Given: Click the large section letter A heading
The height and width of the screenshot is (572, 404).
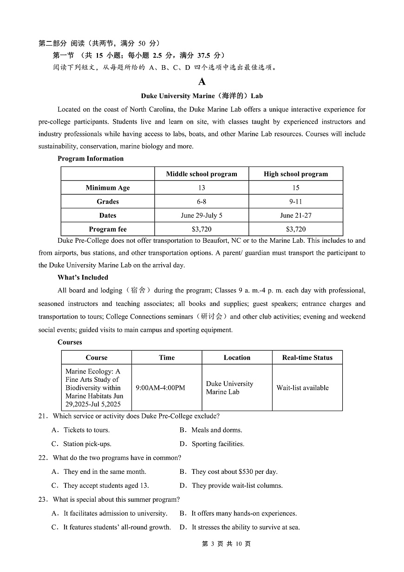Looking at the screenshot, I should [202, 82].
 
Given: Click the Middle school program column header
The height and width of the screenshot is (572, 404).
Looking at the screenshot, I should [202, 174].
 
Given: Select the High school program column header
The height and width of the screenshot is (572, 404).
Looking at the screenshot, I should [296, 174].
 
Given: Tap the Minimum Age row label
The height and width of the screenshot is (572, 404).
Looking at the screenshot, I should [108, 188].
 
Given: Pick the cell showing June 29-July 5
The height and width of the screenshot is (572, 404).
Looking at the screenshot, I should [202, 215].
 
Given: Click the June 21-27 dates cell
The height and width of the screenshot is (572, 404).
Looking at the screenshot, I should [296, 215].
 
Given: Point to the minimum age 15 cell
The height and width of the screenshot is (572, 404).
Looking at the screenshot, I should [296, 188].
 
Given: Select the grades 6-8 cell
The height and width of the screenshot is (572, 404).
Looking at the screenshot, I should [202, 201].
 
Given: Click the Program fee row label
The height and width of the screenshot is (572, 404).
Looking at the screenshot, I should [108, 229].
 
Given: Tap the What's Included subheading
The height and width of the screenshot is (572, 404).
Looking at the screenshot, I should [83, 278].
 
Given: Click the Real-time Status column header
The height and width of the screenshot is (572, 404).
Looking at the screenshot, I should [307, 358].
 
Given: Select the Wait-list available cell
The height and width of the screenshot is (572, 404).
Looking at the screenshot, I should [302, 388].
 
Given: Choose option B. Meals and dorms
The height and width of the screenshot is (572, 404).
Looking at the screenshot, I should [211, 430].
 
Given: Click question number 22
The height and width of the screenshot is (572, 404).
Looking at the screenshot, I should [43, 458].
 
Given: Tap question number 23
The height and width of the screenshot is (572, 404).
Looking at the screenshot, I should [43, 500].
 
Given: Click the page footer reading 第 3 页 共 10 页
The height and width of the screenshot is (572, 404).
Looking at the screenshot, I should [227, 544].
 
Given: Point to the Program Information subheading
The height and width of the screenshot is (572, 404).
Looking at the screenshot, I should [91, 159].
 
